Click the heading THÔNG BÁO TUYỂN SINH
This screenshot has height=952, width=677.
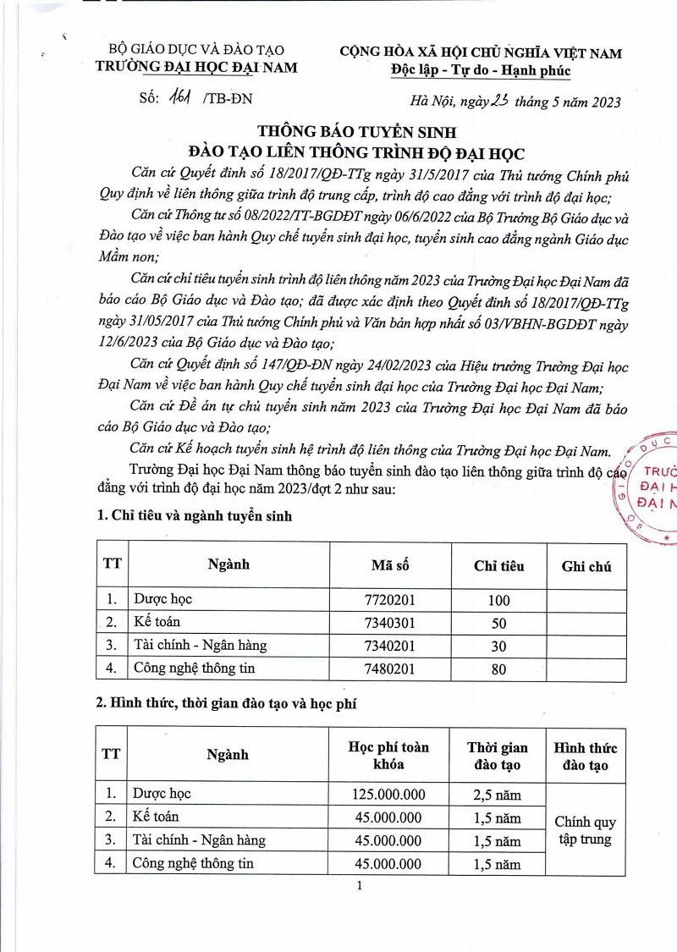356,132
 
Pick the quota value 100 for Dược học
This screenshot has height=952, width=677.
499,600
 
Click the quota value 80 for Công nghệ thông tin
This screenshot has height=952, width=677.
499,669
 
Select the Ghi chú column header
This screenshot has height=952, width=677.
586,566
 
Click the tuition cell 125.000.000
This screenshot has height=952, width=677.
388,795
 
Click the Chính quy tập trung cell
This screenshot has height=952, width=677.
586,830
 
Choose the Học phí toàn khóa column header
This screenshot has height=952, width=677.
388,755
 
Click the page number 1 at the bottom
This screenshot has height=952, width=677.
360,886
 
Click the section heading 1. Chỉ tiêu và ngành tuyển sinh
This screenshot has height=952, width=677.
195,516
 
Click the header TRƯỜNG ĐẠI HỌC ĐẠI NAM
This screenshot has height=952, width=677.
197,68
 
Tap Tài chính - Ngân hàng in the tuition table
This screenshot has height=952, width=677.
199,840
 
